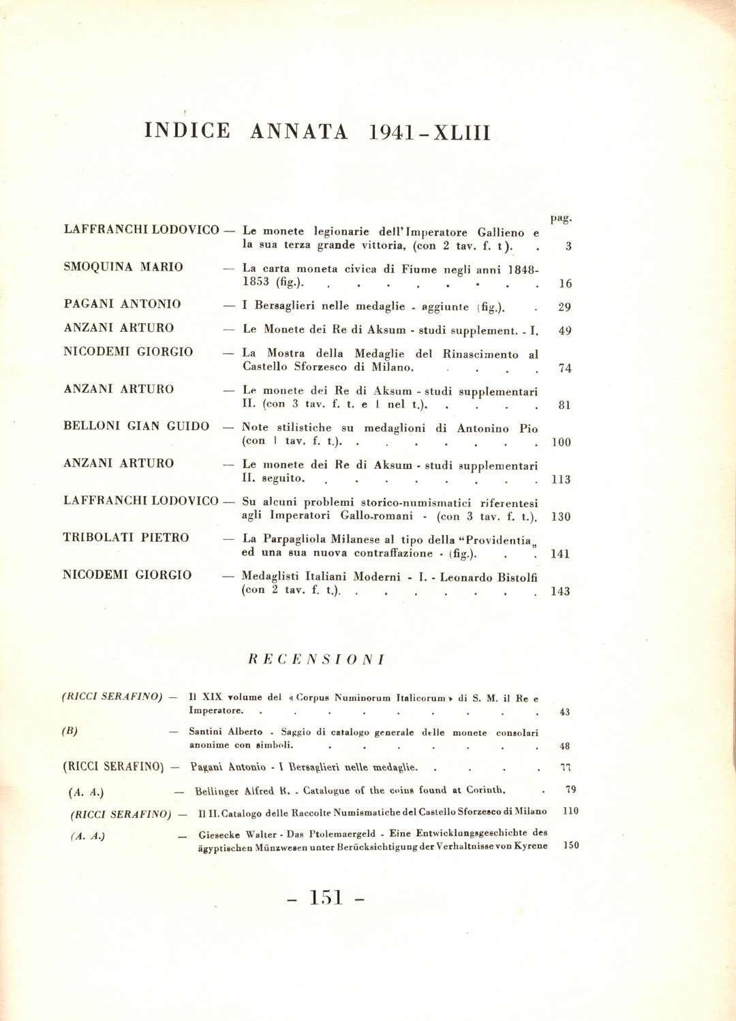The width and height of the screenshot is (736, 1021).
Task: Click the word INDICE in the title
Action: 187,131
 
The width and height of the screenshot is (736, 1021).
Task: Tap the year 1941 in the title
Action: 392,132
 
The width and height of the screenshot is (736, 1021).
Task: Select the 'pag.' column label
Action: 561,218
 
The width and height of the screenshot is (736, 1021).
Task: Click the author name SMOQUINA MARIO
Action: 123,267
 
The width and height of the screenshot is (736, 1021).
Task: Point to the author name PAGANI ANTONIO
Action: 123,304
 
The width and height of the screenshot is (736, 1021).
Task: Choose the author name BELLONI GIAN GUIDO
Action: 136,426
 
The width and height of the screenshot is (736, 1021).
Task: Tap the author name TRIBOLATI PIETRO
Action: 126,538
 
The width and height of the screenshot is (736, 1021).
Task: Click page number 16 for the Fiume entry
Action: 565,284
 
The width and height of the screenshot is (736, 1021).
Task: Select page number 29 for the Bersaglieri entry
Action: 564,307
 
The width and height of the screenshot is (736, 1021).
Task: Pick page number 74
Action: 564,369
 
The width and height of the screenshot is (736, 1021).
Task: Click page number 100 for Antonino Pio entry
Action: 561,442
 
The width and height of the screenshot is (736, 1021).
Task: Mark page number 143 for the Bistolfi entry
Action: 560,592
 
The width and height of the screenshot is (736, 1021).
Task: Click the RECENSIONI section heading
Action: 316,660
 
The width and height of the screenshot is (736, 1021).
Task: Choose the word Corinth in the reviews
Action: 486,791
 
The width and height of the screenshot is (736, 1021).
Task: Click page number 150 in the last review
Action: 571,846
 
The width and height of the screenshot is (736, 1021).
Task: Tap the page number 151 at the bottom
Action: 326,898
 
